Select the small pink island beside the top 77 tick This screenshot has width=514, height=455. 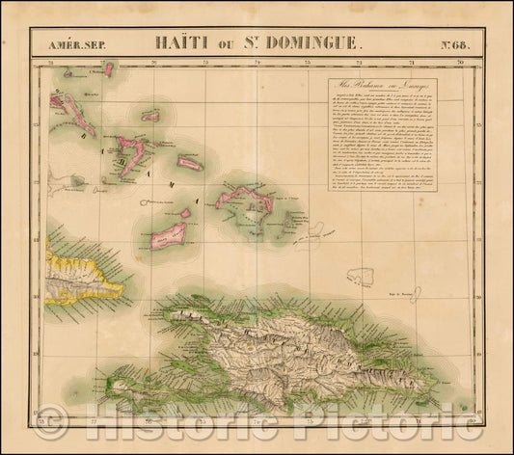click(x=109, y=70)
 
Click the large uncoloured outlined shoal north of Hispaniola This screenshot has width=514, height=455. click(x=362, y=275)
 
